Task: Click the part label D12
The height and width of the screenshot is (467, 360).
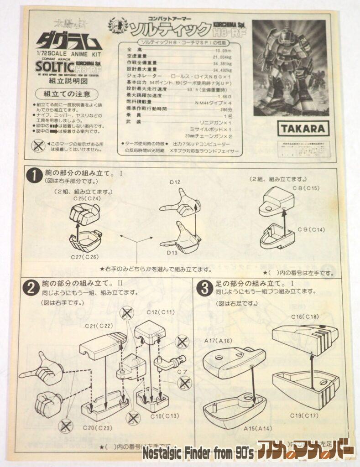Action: pos(176,183)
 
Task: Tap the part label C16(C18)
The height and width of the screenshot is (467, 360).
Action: pos(305,317)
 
